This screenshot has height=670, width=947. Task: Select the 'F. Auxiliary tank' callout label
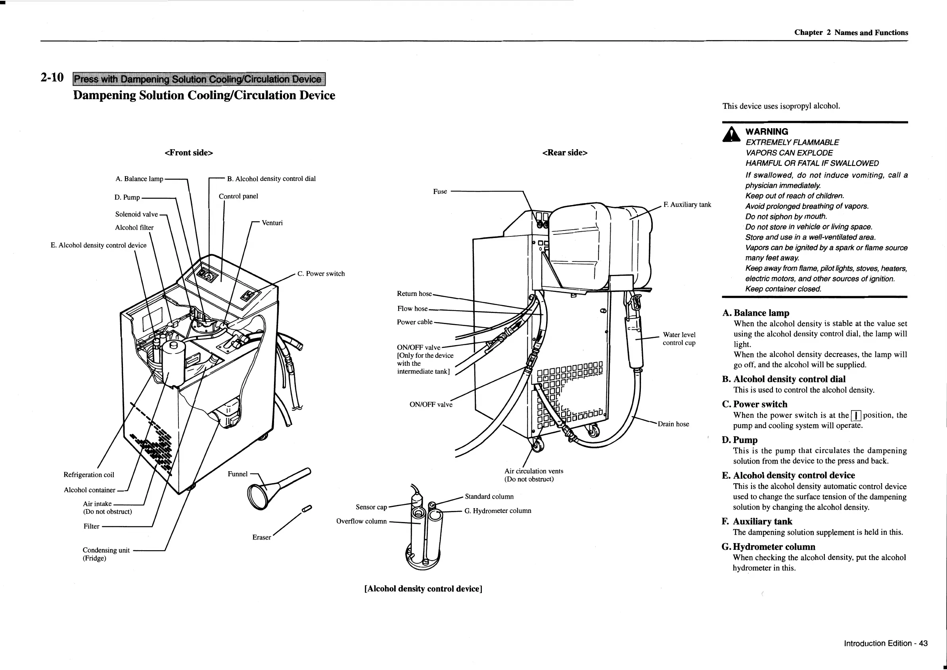(x=687, y=205)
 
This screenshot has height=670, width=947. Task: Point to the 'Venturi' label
(x=272, y=223)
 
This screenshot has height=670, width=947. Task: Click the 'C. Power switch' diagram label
(x=321, y=274)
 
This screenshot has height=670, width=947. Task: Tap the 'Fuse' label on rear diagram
(x=440, y=192)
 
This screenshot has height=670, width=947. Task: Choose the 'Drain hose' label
(x=673, y=424)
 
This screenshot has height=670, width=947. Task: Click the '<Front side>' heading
(x=189, y=153)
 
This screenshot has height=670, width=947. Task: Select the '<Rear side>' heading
(x=565, y=153)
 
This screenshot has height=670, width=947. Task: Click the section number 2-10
(x=52, y=78)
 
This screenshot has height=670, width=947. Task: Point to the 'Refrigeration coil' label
(x=89, y=475)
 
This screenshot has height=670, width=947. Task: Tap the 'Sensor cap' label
(x=371, y=507)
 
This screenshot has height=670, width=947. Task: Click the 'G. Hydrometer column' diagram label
(x=498, y=511)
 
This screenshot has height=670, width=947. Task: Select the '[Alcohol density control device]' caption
(x=423, y=589)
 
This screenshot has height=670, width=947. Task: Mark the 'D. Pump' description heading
(x=740, y=440)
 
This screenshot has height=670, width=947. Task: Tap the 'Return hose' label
(x=414, y=294)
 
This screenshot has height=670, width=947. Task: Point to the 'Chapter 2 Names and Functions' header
(x=851, y=33)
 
